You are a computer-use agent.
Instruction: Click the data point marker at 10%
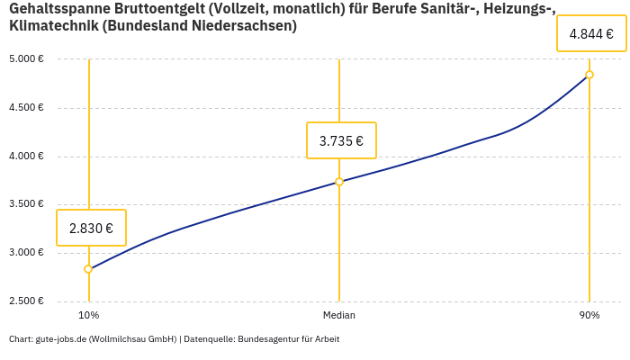(88, 269)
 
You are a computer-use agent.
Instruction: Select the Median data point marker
(339, 182)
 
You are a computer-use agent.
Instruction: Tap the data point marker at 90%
(589, 75)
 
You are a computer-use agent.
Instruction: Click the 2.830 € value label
(91, 228)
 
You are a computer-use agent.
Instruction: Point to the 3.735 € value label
(341, 140)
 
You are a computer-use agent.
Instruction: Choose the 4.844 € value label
(591, 34)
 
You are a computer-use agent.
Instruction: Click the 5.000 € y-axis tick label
(26, 59)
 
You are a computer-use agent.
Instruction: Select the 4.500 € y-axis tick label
(26, 108)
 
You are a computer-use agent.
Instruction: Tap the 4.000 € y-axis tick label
(26, 157)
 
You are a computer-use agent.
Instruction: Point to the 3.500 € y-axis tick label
(26, 204)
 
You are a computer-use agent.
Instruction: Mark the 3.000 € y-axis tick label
(26, 253)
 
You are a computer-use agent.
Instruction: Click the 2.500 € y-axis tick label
(26, 301)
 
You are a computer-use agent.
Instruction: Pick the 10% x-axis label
(88, 316)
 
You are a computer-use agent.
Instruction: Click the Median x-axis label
(339, 316)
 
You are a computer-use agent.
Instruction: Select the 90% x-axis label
(589, 316)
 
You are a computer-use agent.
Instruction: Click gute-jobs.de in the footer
(60, 339)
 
